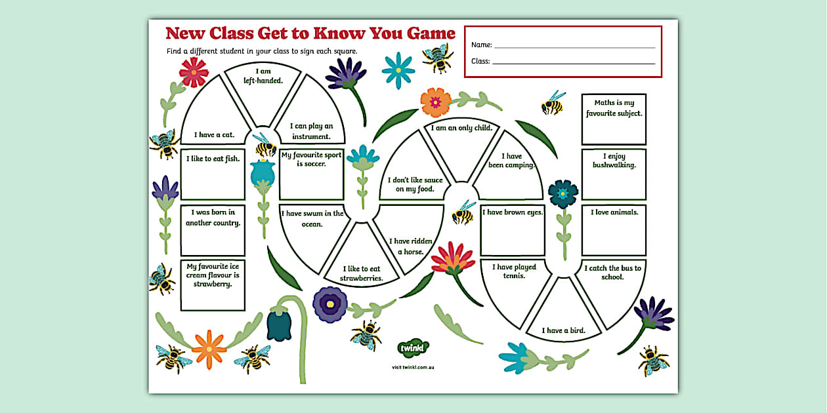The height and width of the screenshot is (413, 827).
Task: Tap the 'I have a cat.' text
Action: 214,135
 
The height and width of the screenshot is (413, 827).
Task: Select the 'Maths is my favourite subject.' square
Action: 614,119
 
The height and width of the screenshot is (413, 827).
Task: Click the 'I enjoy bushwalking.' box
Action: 614,174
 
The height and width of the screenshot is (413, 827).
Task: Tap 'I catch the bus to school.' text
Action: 612,272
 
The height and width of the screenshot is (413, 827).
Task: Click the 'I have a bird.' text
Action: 563,330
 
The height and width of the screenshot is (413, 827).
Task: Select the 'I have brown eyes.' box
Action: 513,230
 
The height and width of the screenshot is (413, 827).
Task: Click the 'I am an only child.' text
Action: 461,128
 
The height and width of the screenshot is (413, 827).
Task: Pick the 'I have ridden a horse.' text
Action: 410,246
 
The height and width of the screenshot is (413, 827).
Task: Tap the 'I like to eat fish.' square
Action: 213,174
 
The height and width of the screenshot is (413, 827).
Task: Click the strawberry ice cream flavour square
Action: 213,285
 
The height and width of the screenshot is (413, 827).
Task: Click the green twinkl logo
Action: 413,347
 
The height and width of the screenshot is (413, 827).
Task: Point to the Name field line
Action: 574,47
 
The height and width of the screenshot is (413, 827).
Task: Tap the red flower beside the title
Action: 194,71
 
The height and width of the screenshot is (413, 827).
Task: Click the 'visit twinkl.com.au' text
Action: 413,367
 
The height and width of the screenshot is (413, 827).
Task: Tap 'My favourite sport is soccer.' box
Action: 311,174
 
